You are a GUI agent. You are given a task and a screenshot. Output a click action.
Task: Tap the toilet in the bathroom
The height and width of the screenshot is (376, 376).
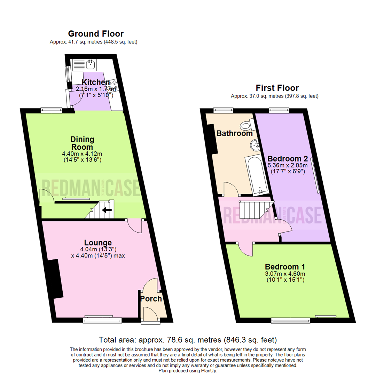pyautogui.click(x=248, y=124)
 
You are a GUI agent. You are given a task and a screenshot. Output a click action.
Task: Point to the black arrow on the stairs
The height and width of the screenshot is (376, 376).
pyautogui.click(x=106, y=210)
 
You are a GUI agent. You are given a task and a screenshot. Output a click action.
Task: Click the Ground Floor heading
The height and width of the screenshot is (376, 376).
pyautogui.click(x=96, y=34)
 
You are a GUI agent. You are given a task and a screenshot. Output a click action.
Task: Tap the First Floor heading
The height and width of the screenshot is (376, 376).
pyautogui.click(x=277, y=88)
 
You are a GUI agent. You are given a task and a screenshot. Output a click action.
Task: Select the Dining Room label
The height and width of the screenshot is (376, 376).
pyautogui.click(x=83, y=143)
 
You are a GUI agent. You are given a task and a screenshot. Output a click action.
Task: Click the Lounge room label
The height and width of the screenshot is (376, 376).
pyautogui.click(x=98, y=243)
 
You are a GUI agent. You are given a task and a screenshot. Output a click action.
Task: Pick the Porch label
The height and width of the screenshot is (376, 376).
pyautogui.click(x=151, y=299)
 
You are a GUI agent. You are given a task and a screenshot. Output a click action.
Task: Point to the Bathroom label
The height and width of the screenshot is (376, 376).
pyautogui.click(x=234, y=133)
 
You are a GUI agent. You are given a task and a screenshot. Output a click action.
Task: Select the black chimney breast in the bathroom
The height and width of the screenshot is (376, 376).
pyautogui.click(x=212, y=139)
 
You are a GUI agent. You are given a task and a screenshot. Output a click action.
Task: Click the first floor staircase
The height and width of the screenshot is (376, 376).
pyautogui.click(x=253, y=209)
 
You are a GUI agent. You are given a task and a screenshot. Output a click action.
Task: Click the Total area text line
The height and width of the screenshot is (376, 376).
pyautogui.click(x=188, y=339)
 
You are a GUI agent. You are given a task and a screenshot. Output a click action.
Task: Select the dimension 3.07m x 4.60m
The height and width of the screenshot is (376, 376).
pyautogui.click(x=284, y=274)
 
